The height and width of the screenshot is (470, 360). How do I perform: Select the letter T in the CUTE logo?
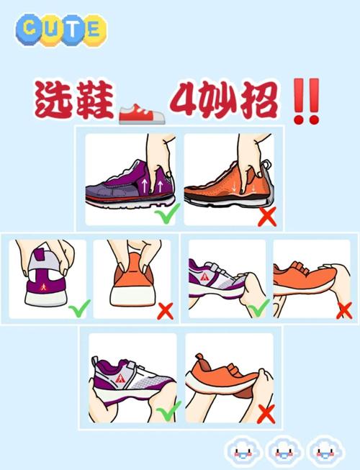(x=71, y=29)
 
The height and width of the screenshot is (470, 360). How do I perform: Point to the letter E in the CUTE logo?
(x=92, y=29)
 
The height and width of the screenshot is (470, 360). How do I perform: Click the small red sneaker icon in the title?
(x=142, y=112)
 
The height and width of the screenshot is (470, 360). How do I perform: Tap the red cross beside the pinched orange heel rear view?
(x=166, y=311)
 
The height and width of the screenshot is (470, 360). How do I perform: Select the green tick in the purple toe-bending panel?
(x=257, y=309)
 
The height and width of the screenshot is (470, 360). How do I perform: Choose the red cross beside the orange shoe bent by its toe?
(x=344, y=310)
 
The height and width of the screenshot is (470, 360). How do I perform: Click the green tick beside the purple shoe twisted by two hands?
(x=168, y=412)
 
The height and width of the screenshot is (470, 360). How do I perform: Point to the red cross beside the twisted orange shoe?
(x=266, y=414)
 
